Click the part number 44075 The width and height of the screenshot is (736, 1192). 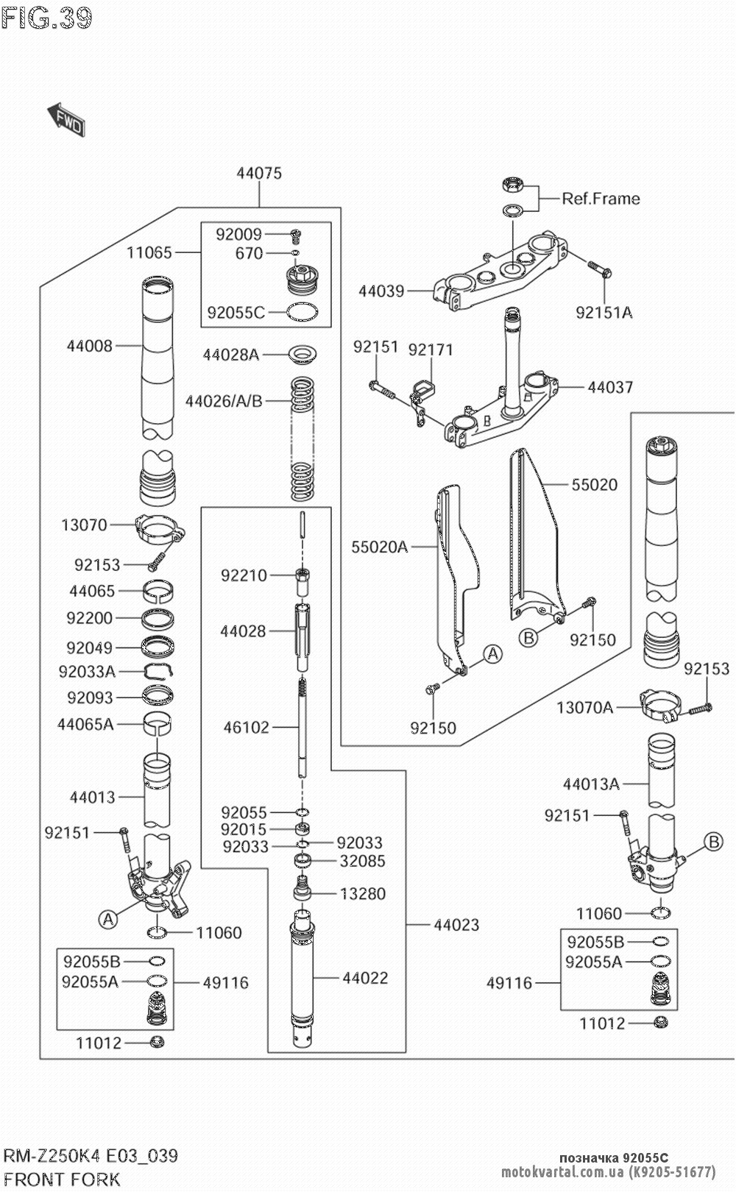coord(259,174)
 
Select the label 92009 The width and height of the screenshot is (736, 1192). coord(238,235)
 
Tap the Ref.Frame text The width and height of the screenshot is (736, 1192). coord(601,199)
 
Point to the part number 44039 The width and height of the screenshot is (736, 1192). coord(381,291)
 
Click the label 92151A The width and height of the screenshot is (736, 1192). coord(604,312)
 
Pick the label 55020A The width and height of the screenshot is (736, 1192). coord(379,547)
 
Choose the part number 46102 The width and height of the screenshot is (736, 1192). coord(247,727)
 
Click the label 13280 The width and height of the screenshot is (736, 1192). coord(362,894)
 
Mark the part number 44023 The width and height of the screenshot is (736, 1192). coord(456,925)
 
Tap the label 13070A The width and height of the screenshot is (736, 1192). coord(584,708)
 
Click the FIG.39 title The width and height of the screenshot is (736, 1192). coord(46,18)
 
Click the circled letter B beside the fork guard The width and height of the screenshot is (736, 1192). coord(528,638)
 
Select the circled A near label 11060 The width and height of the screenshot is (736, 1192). coord(108,918)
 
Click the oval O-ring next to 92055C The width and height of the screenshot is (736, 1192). coord(302,312)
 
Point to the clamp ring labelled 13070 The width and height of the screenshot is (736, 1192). coord(158,528)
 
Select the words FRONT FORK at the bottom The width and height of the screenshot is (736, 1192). coord(62,1179)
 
